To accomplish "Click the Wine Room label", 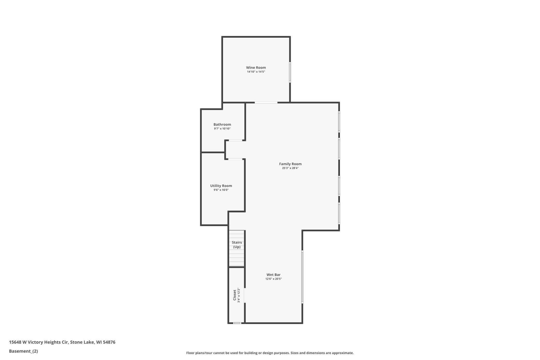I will click(x=256, y=68).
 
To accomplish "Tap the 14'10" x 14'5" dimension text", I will click(x=256, y=72).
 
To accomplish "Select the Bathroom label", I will click(x=222, y=124).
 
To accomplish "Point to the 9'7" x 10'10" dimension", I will click(x=222, y=129).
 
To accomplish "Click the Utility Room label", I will click(x=221, y=186).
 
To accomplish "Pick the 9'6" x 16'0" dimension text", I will click(x=221, y=190).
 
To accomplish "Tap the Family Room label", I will click(x=290, y=164).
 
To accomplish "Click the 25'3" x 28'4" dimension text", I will click(x=290, y=168).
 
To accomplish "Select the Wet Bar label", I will click(x=273, y=275).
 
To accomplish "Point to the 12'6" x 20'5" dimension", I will click(x=273, y=279).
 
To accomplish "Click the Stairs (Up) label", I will click(x=237, y=245).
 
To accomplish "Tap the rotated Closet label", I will click(x=235, y=295).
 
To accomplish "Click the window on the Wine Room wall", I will click(x=290, y=72).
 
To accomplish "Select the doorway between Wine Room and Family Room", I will click(x=266, y=103).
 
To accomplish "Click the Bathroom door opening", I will click(x=235, y=141).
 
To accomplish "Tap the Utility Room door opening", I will click(x=235, y=159).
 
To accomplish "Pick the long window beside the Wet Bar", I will click(x=302, y=277).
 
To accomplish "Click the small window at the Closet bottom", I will click(x=237, y=323).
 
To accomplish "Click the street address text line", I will click(x=62, y=342).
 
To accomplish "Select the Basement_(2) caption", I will click(x=23, y=351).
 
